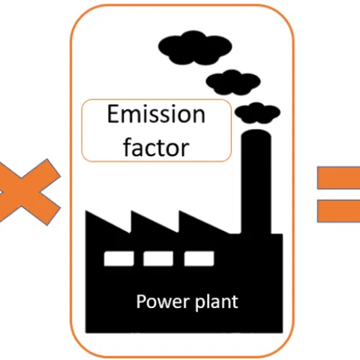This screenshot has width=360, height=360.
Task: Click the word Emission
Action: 156,114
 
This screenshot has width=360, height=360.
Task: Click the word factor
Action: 156,147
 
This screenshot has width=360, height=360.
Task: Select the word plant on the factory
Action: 217,302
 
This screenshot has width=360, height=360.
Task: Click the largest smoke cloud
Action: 195,48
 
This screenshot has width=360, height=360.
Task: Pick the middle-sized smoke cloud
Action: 233,82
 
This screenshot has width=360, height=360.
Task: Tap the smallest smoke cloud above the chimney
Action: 257,113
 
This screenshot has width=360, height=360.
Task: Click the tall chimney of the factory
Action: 256,182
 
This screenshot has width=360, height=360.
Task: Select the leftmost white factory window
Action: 119,258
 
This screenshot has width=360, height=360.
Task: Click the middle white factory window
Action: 158,258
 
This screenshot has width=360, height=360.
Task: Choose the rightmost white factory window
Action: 199,258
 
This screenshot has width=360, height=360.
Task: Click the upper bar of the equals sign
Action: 338,178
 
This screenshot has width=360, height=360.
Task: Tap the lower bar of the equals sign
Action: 338,211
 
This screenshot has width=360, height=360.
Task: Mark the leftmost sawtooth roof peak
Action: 86,211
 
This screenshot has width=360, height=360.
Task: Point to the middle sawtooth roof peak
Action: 132,211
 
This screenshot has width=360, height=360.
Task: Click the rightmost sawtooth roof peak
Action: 179,211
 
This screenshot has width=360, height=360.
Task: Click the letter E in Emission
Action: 112,114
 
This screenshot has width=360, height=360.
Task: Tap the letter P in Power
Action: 141,301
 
